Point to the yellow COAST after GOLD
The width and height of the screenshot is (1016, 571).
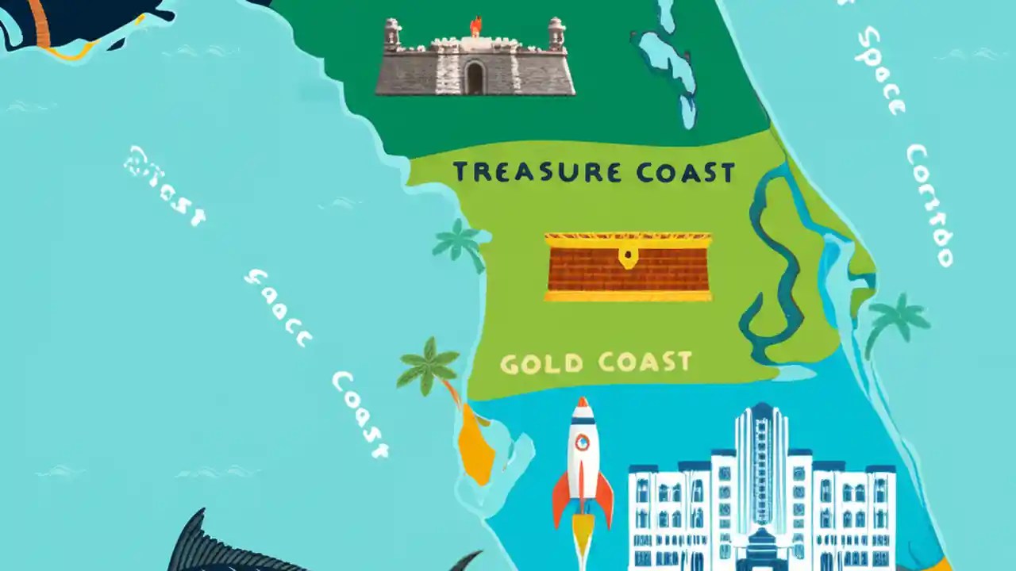[x=645, y=362]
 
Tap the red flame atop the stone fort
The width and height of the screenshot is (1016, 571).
[x=475, y=25]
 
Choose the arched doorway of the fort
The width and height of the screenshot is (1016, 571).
[x=475, y=79]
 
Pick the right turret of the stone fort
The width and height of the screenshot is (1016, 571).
[x=556, y=35]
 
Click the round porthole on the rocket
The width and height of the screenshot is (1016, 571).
[x=583, y=443]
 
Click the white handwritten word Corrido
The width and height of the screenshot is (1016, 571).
[x=930, y=205]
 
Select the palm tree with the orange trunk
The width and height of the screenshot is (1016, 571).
[x=433, y=367]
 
